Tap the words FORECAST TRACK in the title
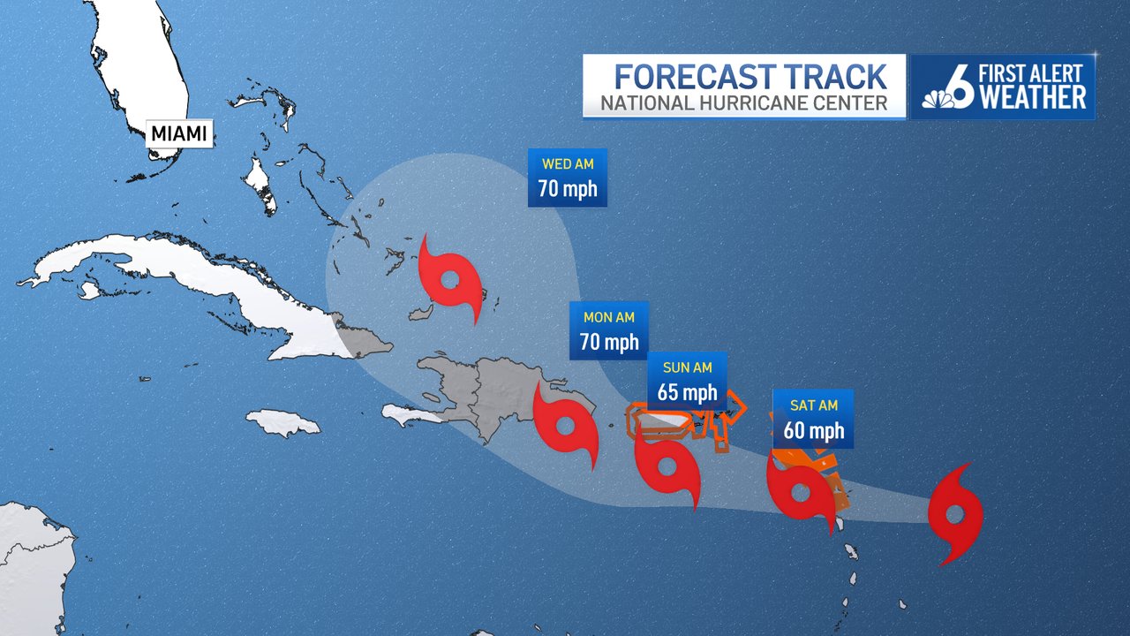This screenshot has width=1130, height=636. pos(750,76)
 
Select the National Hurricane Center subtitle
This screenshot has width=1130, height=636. pos(744,103)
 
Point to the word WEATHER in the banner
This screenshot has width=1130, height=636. pos(1033,98)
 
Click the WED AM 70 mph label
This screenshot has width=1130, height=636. pos(568,178)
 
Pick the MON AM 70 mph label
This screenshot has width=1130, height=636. pos(609,330)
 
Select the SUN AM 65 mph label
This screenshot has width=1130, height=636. pos(687,381)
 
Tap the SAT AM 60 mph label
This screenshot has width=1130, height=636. pos(813,419)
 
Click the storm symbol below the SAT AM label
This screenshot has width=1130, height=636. pos(801,492)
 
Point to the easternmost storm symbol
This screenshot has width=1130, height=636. pos(955,514)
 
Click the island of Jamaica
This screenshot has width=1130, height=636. pos(283,424)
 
